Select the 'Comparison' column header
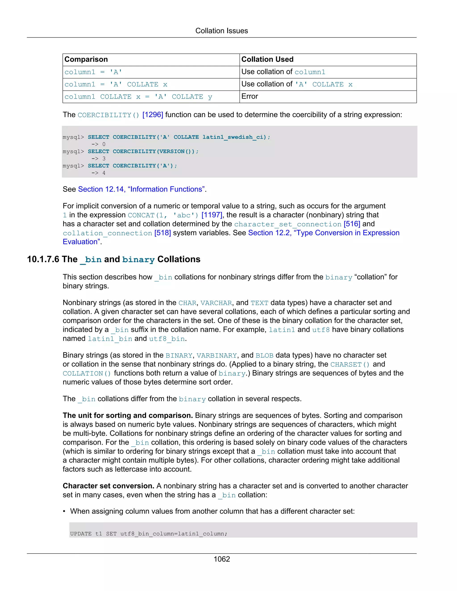tap(86, 59)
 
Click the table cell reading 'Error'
tap(250, 96)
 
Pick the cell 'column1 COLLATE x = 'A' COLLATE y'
tap(138, 97)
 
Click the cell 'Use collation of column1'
tap(283, 72)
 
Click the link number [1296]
tap(153, 115)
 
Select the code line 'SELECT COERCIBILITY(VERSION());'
tap(143, 151)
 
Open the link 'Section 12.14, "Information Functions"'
tap(141, 189)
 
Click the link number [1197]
tap(212, 215)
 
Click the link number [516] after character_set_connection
tap(352, 224)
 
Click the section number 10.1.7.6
tap(43, 259)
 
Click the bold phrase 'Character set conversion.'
tap(108, 486)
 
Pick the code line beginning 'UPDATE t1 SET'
tap(148, 534)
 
